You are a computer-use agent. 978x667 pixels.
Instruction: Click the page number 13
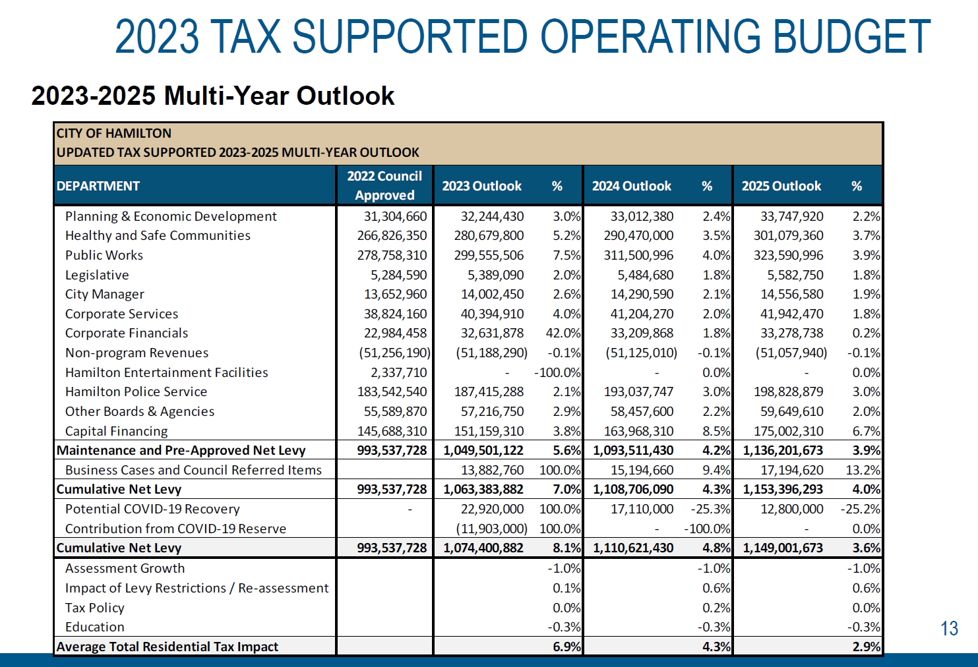click(949, 629)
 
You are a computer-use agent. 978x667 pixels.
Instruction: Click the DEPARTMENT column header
click(98, 187)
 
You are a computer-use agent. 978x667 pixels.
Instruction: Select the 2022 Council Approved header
click(384, 186)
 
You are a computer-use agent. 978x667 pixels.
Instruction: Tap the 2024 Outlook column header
click(631, 187)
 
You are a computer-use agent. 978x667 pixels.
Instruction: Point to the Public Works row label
click(104, 255)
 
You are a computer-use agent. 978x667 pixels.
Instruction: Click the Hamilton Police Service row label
click(136, 391)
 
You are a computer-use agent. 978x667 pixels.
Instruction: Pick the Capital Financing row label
click(116, 431)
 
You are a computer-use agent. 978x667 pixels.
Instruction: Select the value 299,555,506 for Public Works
click(489, 255)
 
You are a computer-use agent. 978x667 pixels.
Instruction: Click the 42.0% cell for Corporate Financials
click(563, 333)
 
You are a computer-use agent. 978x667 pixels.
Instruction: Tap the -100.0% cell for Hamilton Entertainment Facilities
click(558, 372)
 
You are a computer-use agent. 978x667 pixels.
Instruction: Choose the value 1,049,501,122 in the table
click(483, 451)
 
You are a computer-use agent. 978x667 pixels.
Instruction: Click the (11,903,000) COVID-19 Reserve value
click(492, 529)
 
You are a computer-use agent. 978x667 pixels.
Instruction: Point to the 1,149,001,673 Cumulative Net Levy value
click(783, 548)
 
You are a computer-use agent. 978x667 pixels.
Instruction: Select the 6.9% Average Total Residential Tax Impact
click(566, 647)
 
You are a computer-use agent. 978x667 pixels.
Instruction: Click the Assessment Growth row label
click(125, 568)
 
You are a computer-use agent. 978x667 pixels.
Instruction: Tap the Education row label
click(94, 627)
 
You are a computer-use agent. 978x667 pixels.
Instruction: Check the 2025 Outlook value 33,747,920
click(791, 216)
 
